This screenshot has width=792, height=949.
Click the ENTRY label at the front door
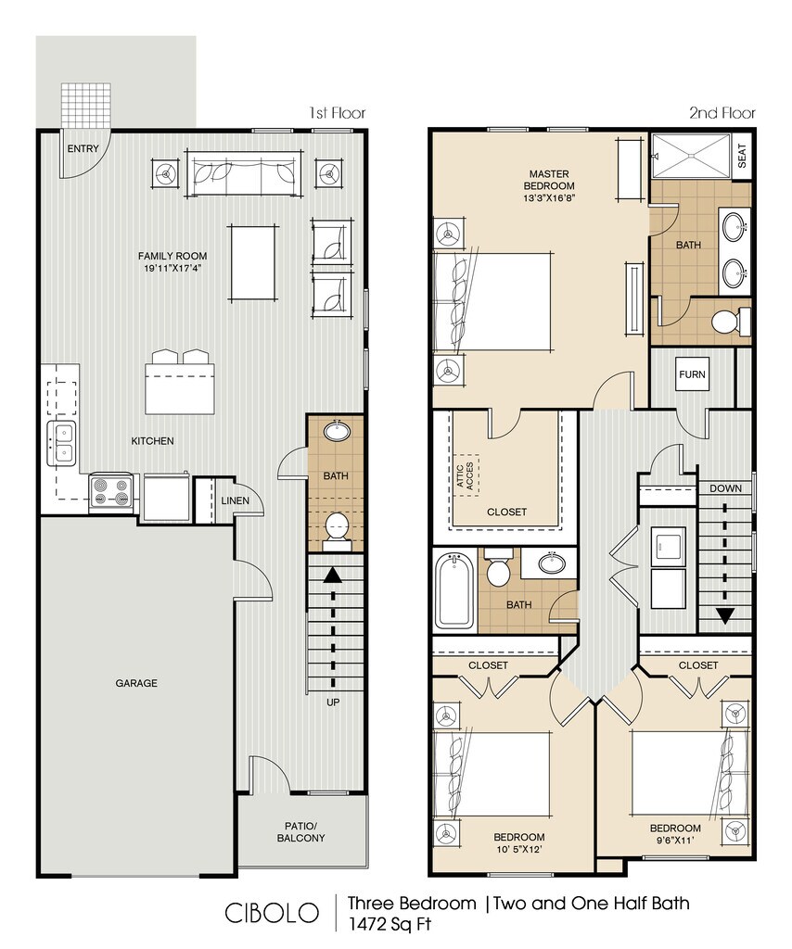click(83, 148)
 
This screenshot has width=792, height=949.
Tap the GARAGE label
click(136, 683)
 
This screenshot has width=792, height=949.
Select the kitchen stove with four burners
click(111, 491)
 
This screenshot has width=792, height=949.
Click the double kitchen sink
click(62, 443)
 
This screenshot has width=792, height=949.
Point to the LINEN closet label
click(235, 500)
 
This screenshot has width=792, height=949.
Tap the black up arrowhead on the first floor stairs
click(332, 575)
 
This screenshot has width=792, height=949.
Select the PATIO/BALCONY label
click(300, 832)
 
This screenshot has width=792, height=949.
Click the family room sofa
click(244, 173)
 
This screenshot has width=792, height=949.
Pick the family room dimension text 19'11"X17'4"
click(172, 268)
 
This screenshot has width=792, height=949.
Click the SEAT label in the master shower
click(742, 156)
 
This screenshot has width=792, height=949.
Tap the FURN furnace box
click(692, 374)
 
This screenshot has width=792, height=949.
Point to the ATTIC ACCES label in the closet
click(465, 475)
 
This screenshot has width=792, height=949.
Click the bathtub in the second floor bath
click(454, 591)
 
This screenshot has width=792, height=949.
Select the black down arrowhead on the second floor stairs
click(725, 616)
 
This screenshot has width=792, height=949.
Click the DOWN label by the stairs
click(725, 488)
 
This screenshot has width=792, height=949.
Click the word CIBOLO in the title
click(272, 913)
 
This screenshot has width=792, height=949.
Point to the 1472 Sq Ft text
click(390, 924)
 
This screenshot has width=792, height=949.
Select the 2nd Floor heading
click(722, 112)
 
